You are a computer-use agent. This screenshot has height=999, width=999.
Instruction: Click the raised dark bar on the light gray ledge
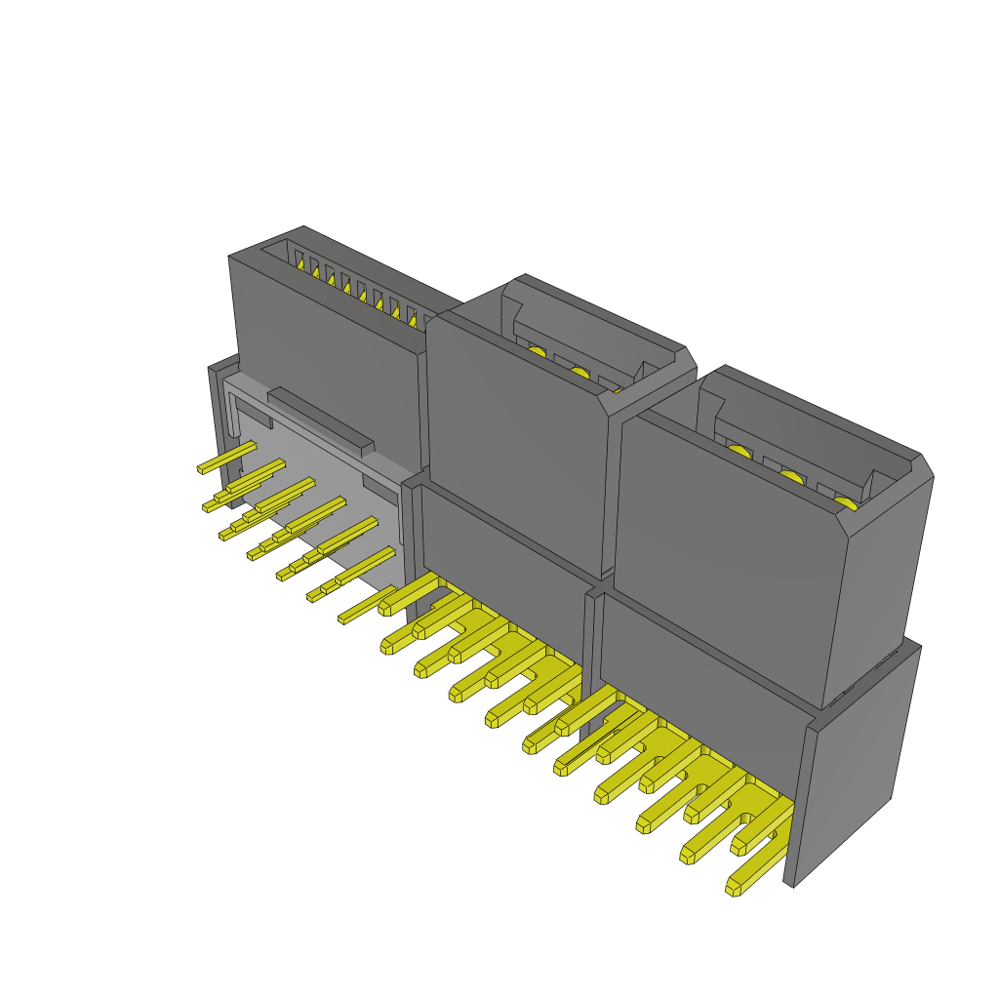point(320,421)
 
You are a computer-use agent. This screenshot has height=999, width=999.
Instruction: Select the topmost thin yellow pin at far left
point(226,457)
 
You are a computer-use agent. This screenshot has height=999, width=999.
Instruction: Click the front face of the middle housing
point(517,439)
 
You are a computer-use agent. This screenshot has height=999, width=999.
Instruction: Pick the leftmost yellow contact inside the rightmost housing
point(739,451)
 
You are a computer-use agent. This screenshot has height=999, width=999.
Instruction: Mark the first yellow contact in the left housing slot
point(301,263)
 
